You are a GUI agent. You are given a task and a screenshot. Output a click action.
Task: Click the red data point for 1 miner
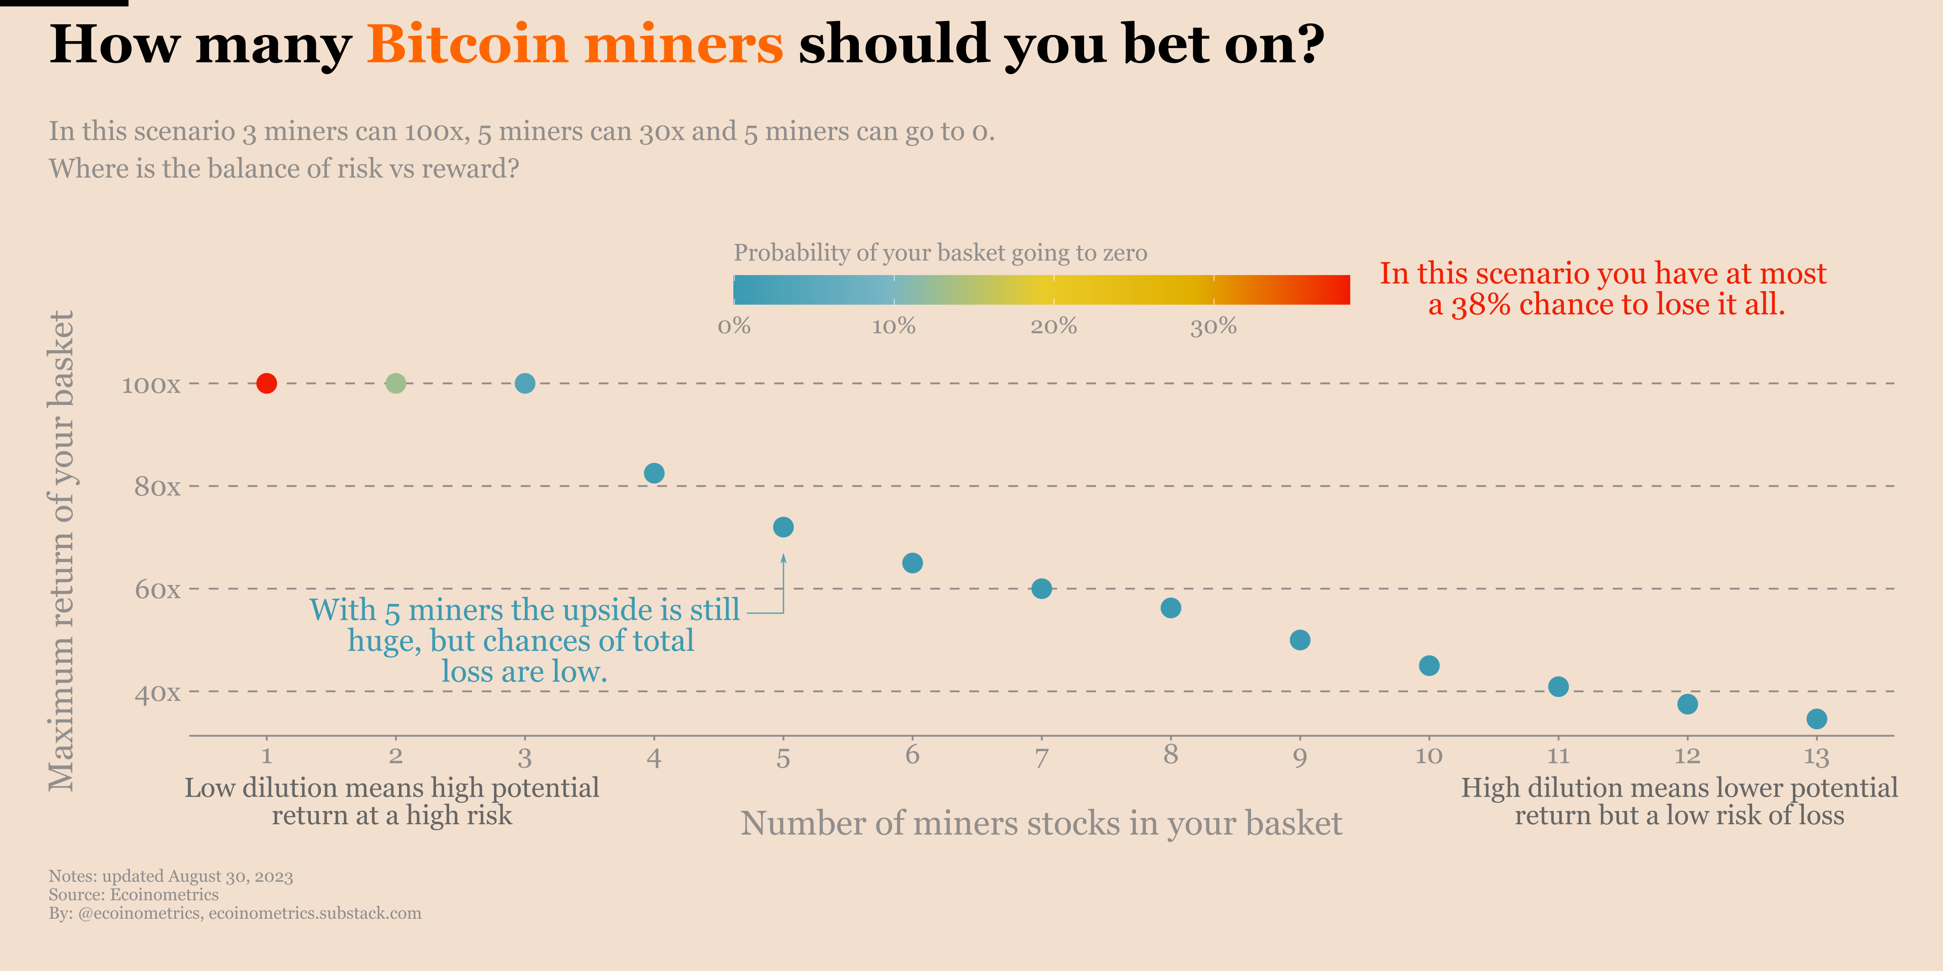[266, 383]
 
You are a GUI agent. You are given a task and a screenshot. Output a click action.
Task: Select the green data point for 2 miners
[395, 383]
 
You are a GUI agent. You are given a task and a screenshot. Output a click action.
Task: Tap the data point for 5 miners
[783, 527]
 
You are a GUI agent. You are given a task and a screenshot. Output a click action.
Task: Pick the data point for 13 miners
[1816, 719]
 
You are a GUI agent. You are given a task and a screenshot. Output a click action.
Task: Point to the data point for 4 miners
[654, 474]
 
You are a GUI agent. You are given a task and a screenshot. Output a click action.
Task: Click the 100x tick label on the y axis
[151, 385]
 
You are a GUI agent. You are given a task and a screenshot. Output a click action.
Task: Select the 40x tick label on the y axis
[157, 693]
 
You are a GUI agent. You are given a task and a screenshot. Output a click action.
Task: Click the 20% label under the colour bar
[1054, 326]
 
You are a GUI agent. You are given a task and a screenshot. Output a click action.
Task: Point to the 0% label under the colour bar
[734, 326]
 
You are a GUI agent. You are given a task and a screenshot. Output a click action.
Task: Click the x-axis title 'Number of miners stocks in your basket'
[1041, 823]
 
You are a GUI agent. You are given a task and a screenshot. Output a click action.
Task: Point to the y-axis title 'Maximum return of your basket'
[62, 550]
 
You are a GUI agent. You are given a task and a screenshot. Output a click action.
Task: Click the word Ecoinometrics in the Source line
[165, 895]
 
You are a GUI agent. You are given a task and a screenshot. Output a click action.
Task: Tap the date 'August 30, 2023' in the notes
[230, 876]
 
